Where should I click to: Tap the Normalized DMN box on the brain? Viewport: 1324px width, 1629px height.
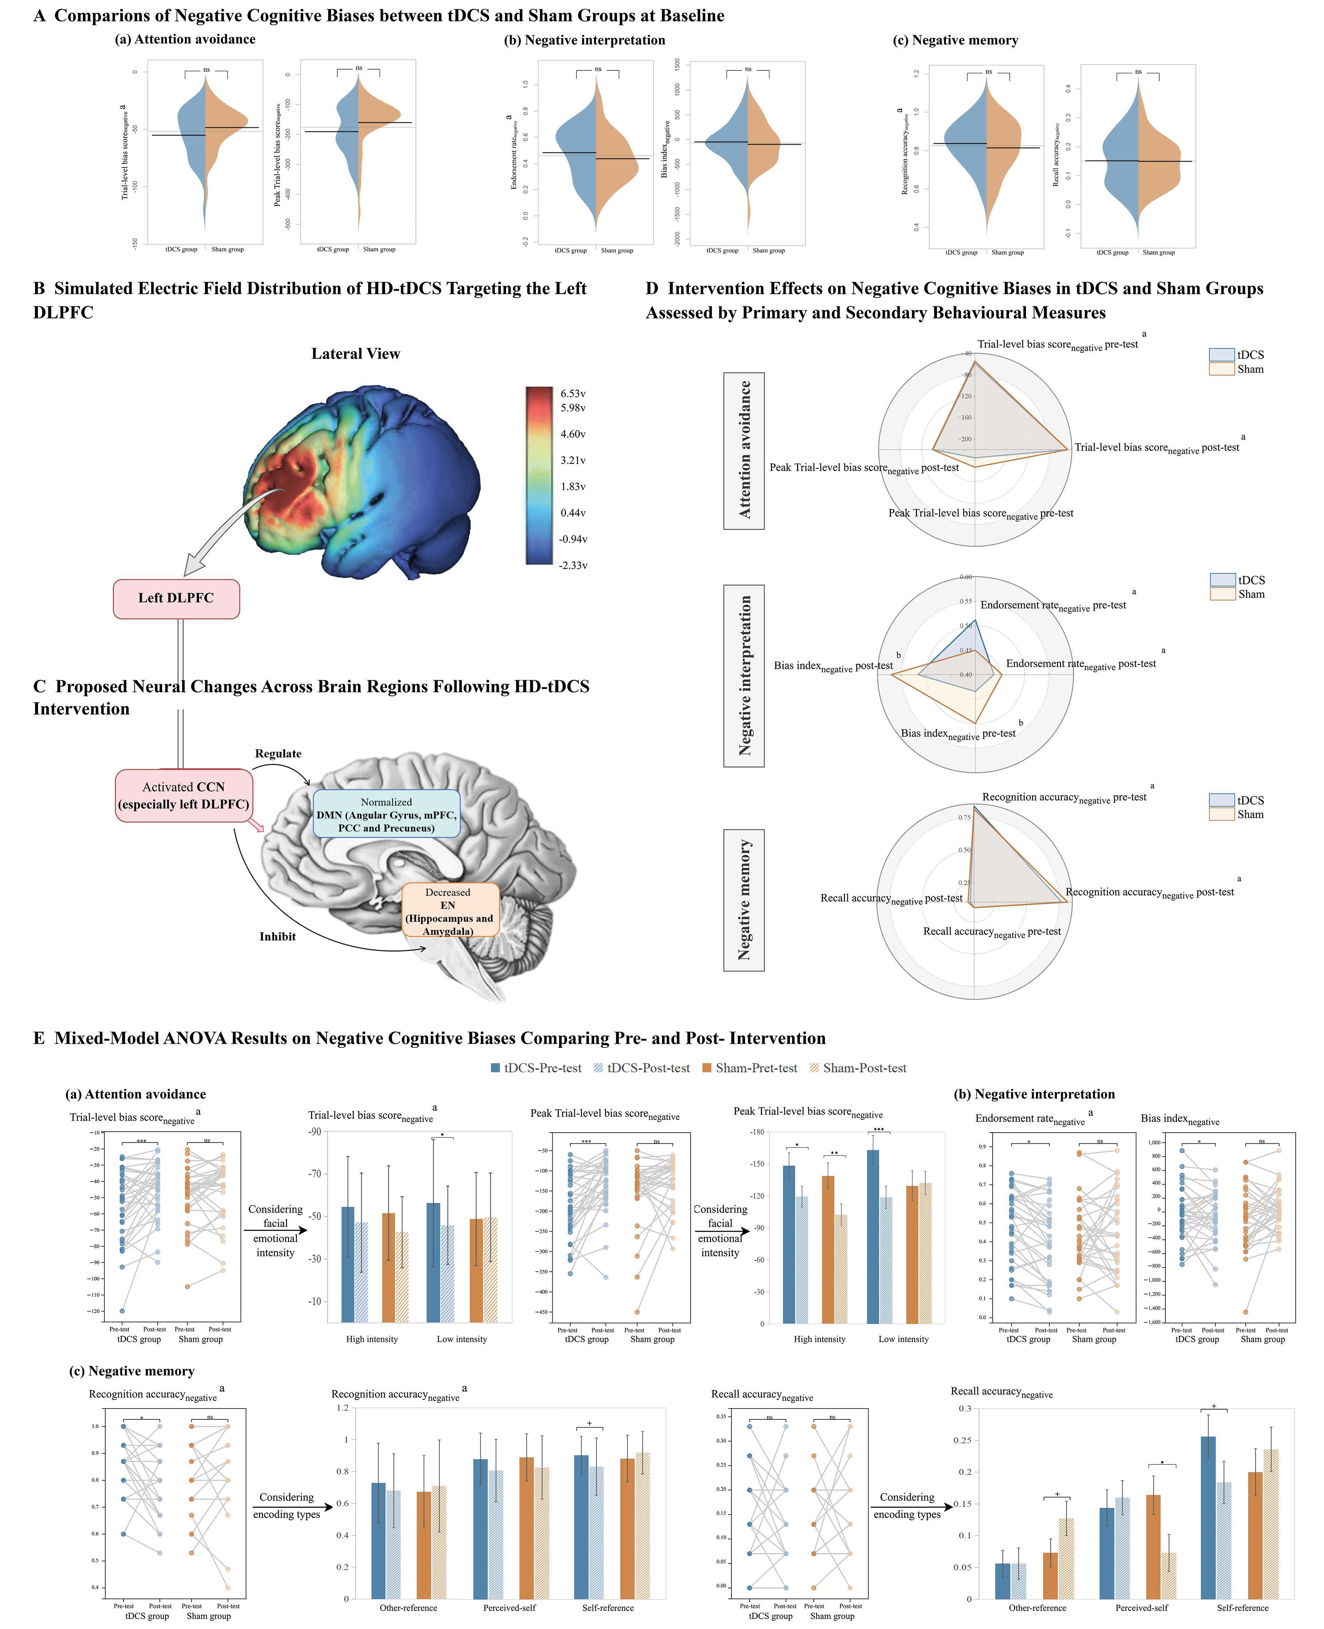pos(387,815)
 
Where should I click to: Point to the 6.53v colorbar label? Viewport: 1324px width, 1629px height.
pos(573,394)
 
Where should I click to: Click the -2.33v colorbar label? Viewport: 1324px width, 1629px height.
pos(573,565)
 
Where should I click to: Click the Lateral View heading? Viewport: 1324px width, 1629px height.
pos(355,354)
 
